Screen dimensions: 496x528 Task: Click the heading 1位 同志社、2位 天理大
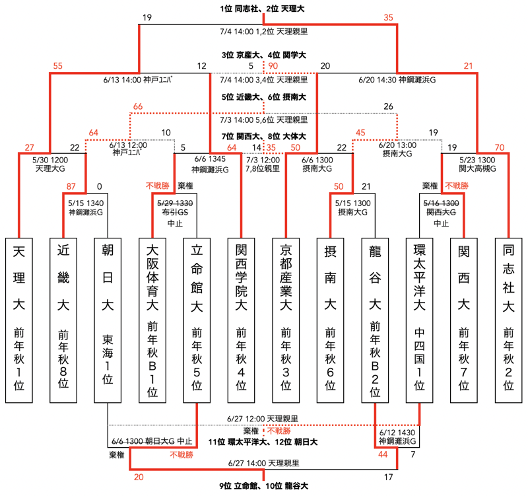pos(264,9)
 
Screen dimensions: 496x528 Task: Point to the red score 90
pos(272,66)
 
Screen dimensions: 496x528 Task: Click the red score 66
pos(138,107)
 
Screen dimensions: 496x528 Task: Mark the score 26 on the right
pos(388,107)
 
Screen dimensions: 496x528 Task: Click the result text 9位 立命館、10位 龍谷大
pos(264,486)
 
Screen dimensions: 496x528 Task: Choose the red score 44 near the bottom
pos(383,454)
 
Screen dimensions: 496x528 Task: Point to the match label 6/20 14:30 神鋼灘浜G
pos(397,80)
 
